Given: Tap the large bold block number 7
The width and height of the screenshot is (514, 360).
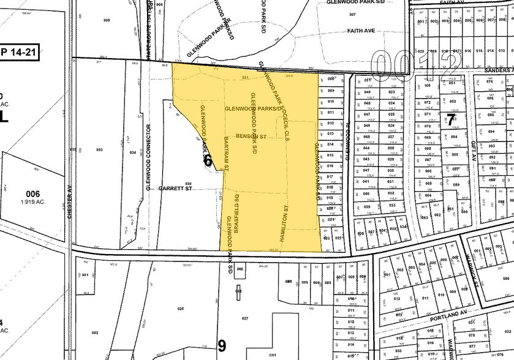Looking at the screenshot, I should coord(450,120).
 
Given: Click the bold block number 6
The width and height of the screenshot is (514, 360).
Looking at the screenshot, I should coord(207,161).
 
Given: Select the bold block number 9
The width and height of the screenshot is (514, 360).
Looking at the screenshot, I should coord(222,346).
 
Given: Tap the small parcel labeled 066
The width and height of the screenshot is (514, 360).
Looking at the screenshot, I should coord(240,269).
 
